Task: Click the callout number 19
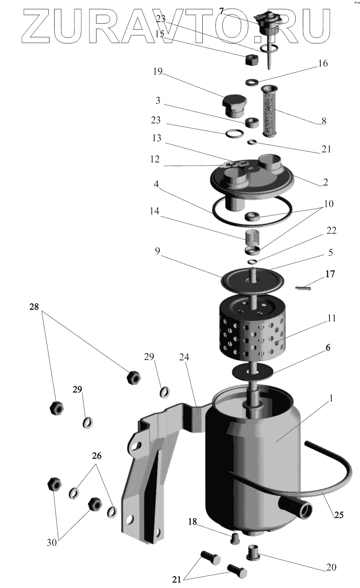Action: (x=158, y=72)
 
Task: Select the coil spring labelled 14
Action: (x=251, y=237)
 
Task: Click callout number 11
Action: (x=332, y=318)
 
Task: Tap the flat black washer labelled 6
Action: (x=253, y=371)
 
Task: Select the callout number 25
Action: (x=339, y=515)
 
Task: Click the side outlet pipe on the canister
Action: (x=302, y=509)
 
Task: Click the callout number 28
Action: (x=34, y=307)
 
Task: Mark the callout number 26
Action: (x=96, y=456)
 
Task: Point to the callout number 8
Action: (x=324, y=121)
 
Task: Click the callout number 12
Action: (x=155, y=159)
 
